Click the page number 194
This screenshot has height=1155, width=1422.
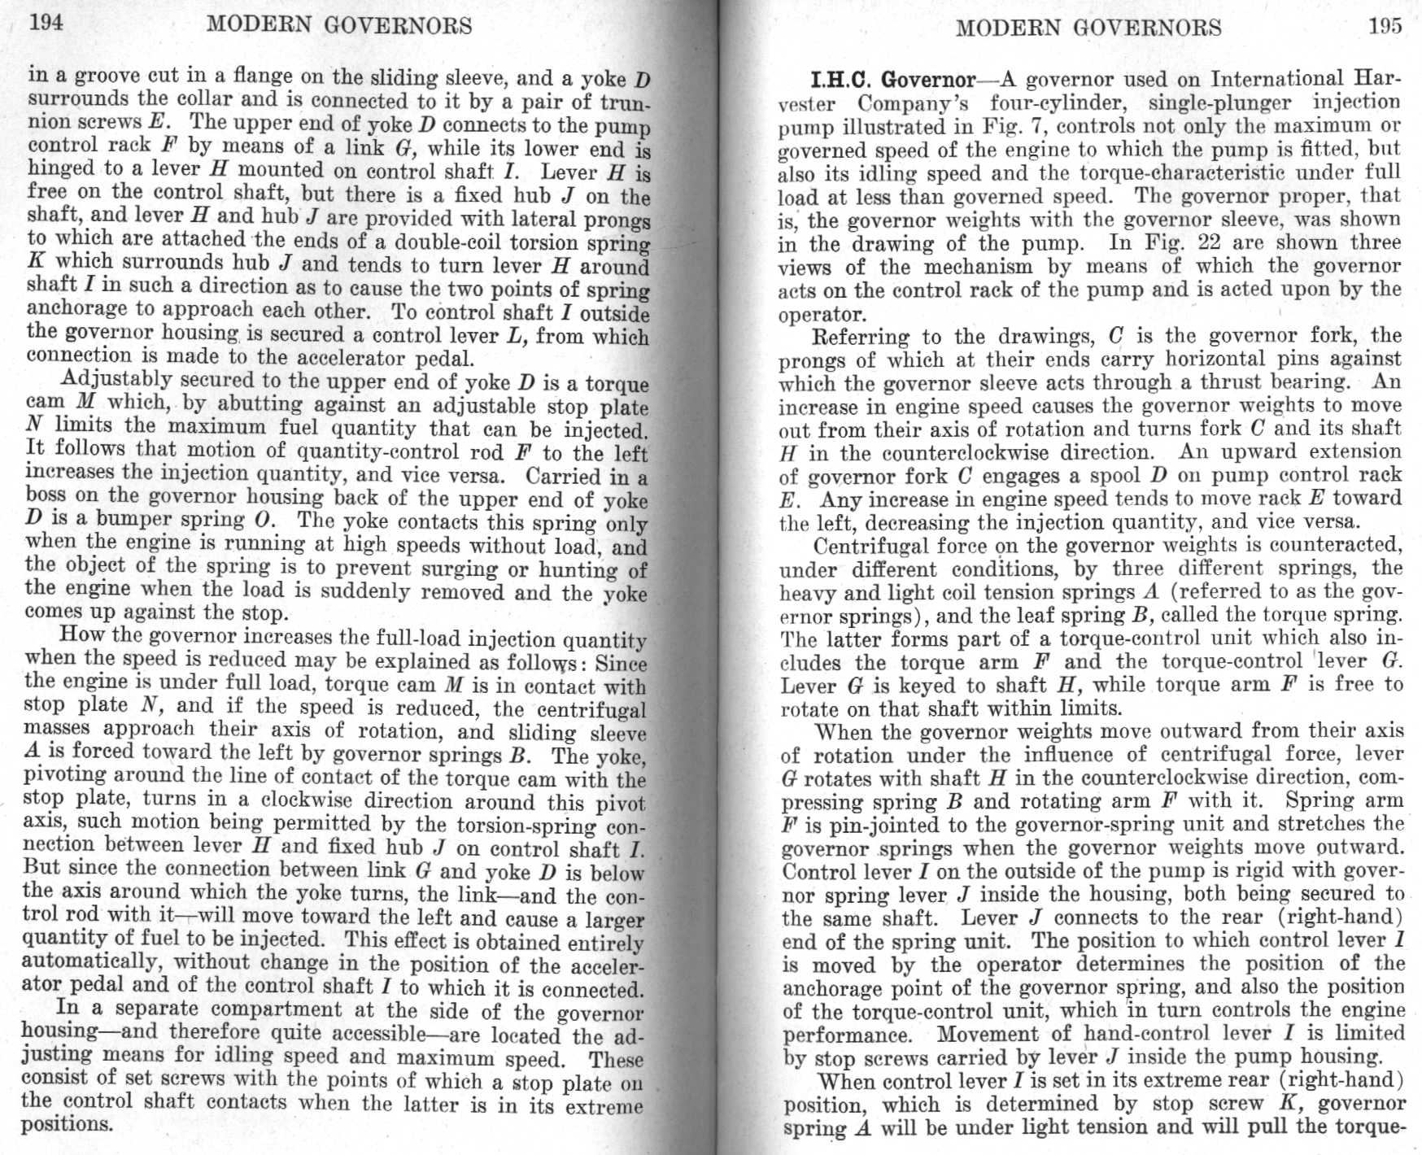pyautogui.click(x=46, y=22)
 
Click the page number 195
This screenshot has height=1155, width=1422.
pyautogui.click(x=1385, y=26)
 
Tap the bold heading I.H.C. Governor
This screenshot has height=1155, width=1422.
pyautogui.click(x=893, y=80)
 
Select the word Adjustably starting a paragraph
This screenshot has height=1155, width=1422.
pyautogui.click(x=116, y=380)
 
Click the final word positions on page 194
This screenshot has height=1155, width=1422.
pyautogui.click(x=66, y=1125)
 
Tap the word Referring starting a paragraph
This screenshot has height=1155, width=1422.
pyautogui.click(x=861, y=336)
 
